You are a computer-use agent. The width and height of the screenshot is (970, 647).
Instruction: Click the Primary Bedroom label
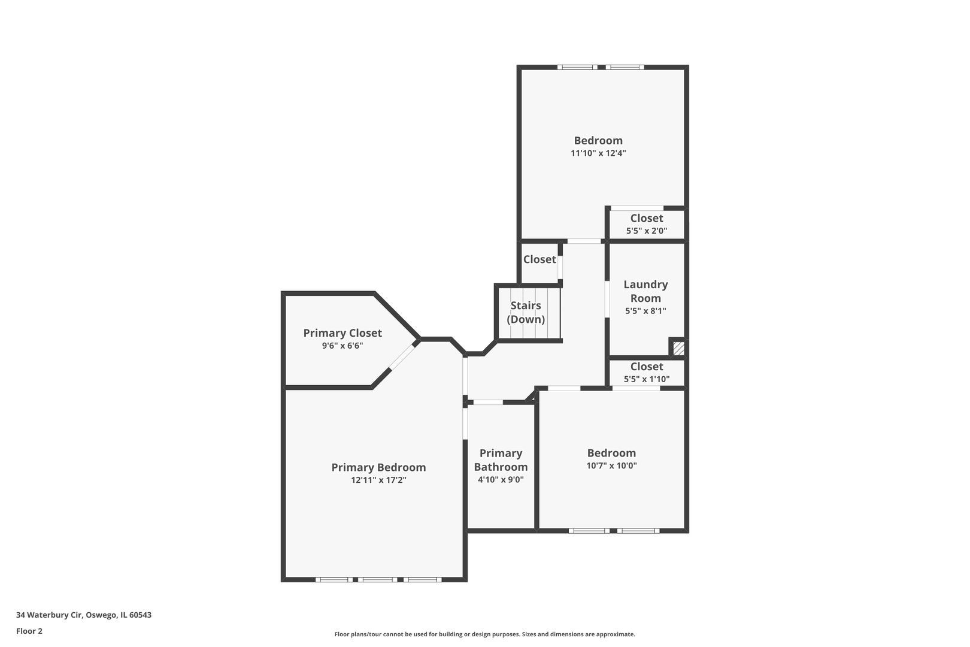coord(378,467)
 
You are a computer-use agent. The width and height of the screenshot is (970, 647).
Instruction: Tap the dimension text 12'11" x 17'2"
coord(378,480)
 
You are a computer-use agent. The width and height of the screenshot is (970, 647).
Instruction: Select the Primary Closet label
coord(342,333)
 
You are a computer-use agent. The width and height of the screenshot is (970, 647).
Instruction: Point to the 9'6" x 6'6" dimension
coord(342,346)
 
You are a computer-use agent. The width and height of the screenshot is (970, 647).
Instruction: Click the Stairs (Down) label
coord(526,312)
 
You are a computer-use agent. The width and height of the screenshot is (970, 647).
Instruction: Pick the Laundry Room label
coord(645,291)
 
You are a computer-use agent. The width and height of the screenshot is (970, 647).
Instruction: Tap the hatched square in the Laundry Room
coord(678,348)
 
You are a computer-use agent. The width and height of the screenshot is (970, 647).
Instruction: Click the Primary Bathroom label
coord(501,460)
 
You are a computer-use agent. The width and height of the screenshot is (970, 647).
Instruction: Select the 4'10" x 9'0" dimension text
coord(501,480)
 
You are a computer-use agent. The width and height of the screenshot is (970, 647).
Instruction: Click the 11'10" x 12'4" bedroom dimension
coord(598,153)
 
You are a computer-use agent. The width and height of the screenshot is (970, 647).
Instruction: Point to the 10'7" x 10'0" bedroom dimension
coord(611,465)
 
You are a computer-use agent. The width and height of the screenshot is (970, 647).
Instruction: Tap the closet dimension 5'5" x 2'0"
coord(646,231)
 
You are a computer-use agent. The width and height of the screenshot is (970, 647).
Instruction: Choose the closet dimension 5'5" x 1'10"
coord(646,379)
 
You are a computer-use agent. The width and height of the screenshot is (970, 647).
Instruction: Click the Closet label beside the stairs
coord(539,259)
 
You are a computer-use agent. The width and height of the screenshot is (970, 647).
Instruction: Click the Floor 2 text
coord(29,631)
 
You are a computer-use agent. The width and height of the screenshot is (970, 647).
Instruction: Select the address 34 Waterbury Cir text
coord(83,615)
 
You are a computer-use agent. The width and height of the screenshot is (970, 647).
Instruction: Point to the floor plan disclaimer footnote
coord(484,634)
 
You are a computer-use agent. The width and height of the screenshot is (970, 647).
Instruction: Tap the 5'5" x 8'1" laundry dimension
coord(645,311)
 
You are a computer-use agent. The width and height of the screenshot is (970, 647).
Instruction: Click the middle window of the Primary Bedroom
coord(378,579)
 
